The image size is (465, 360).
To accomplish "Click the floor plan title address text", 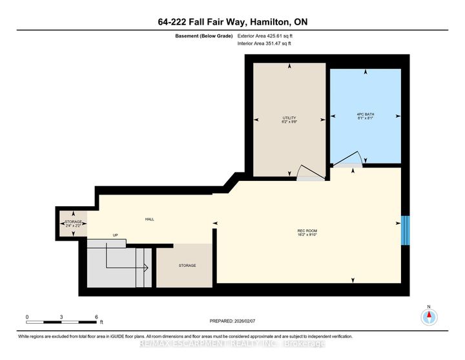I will click(x=232, y=22).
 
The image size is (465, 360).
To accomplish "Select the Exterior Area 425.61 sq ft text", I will click(x=265, y=37).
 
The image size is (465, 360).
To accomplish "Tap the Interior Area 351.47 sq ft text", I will click(x=264, y=44).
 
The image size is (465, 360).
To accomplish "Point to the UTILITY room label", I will click(x=289, y=118).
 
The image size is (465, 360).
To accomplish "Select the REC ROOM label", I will click(x=306, y=231).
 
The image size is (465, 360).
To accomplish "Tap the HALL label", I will click(x=150, y=220).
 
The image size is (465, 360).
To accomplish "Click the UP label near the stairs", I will click(x=116, y=235).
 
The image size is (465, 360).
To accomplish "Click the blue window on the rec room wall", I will click(x=405, y=231).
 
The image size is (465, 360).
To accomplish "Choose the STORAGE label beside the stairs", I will click(x=187, y=266).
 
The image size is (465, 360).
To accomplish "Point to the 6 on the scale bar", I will click(x=96, y=316).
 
